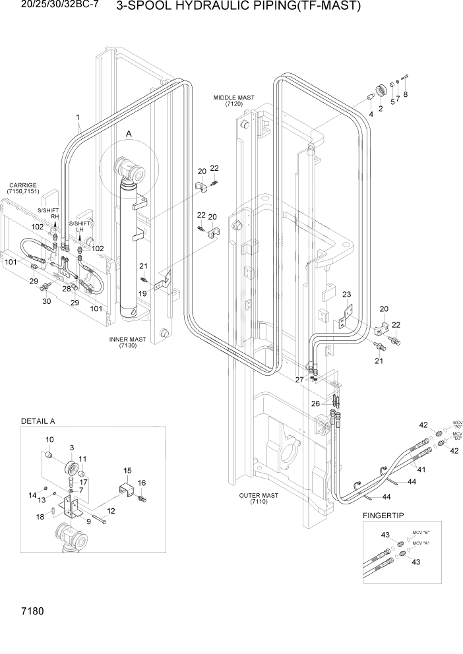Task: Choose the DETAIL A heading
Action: (x=38, y=421)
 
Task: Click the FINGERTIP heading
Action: (x=383, y=514)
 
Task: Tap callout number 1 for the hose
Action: (x=78, y=119)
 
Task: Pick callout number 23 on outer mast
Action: (x=346, y=295)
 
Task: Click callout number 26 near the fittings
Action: (x=315, y=403)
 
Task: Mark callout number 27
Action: (x=299, y=379)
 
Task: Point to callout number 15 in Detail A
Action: (x=128, y=470)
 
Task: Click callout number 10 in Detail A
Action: (x=49, y=440)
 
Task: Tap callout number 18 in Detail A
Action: (x=40, y=518)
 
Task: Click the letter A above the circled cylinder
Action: (x=129, y=134)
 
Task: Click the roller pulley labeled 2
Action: (x=381, y=91)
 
